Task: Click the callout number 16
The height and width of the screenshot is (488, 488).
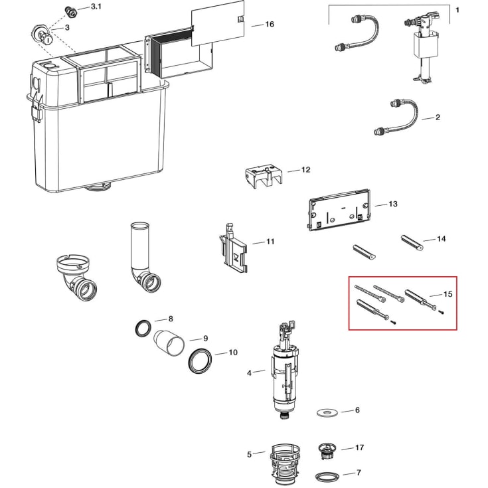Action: tap(270, 25)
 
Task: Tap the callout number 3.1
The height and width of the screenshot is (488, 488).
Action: tap(96, 7)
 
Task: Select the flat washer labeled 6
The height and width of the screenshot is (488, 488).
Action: tap(325, 413)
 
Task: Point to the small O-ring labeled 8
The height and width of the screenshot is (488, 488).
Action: tap(143, 328)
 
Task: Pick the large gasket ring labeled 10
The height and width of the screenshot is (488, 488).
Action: tap(201, 361)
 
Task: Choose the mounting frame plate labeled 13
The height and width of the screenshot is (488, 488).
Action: tap(339, 210)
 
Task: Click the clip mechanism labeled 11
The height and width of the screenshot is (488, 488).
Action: tap(233, 248)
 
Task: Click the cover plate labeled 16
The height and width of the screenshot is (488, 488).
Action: tap(218, 23)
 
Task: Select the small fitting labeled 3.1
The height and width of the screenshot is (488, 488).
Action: tap(71, 13)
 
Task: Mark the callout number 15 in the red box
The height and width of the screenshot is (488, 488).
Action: tap(448, 294)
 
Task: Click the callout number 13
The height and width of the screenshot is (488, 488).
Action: tap(393, 204)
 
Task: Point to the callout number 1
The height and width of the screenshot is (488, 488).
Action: tap(457, 10)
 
